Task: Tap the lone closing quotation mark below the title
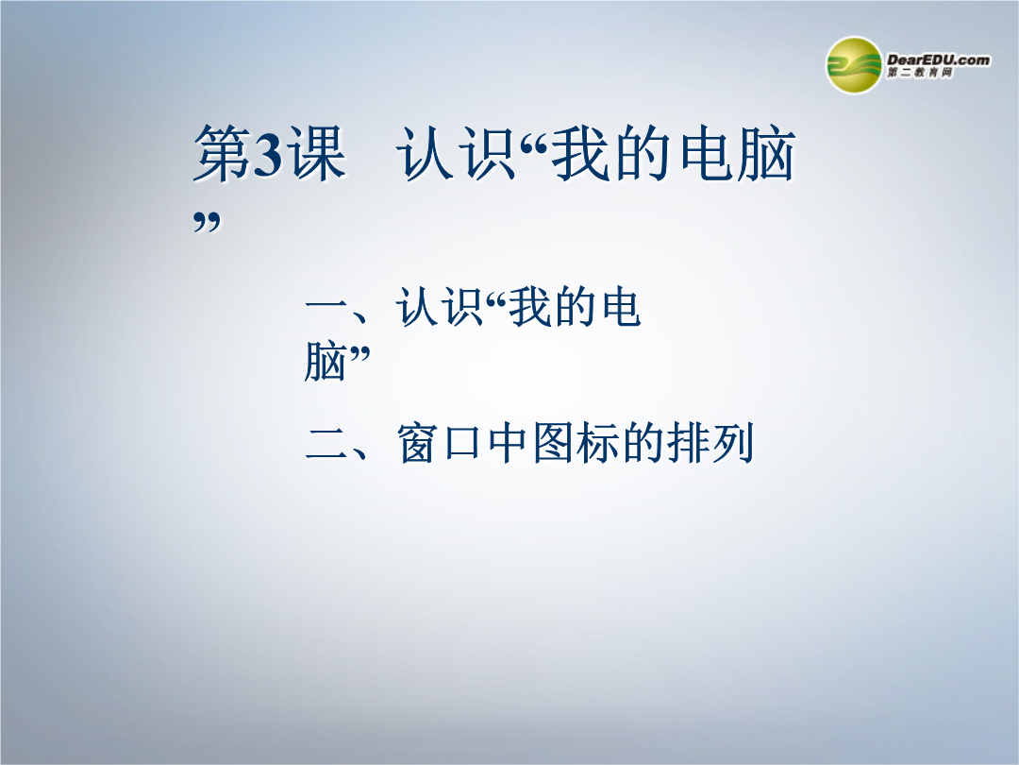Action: (x=208, y=223)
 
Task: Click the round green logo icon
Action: (x=853, y=65)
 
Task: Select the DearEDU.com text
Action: (x=938, y=59)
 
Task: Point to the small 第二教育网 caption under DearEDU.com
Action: (x=920, y=73)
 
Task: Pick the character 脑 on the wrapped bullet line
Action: (x=325, y=362)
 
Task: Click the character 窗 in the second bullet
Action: (x=417, y=444)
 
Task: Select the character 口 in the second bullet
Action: (x=462, y=444)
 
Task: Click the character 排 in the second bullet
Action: (x=688, y=444)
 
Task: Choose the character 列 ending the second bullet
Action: (x=732, y=444)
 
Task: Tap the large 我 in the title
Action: (x=580, y=154)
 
